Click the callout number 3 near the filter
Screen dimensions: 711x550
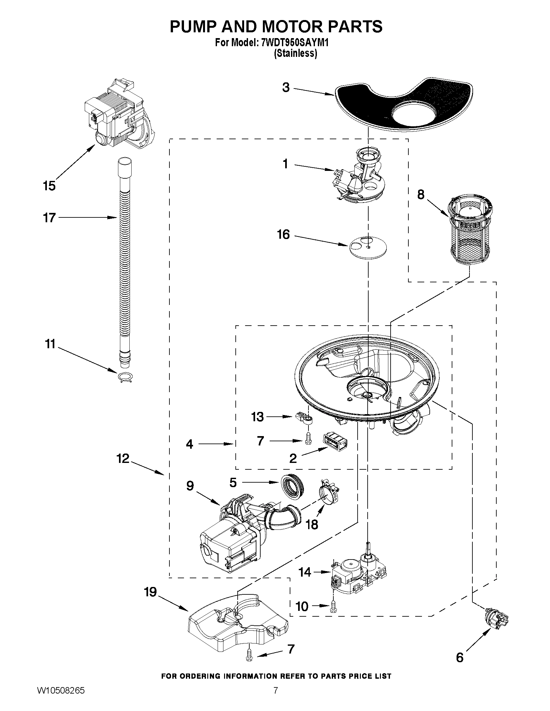(x=286, y=88)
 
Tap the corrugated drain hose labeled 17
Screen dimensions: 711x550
(x=124, y=260)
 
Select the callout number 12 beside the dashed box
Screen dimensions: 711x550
(x=123, y=459)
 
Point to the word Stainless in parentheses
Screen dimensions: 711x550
(x=295, y=53)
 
